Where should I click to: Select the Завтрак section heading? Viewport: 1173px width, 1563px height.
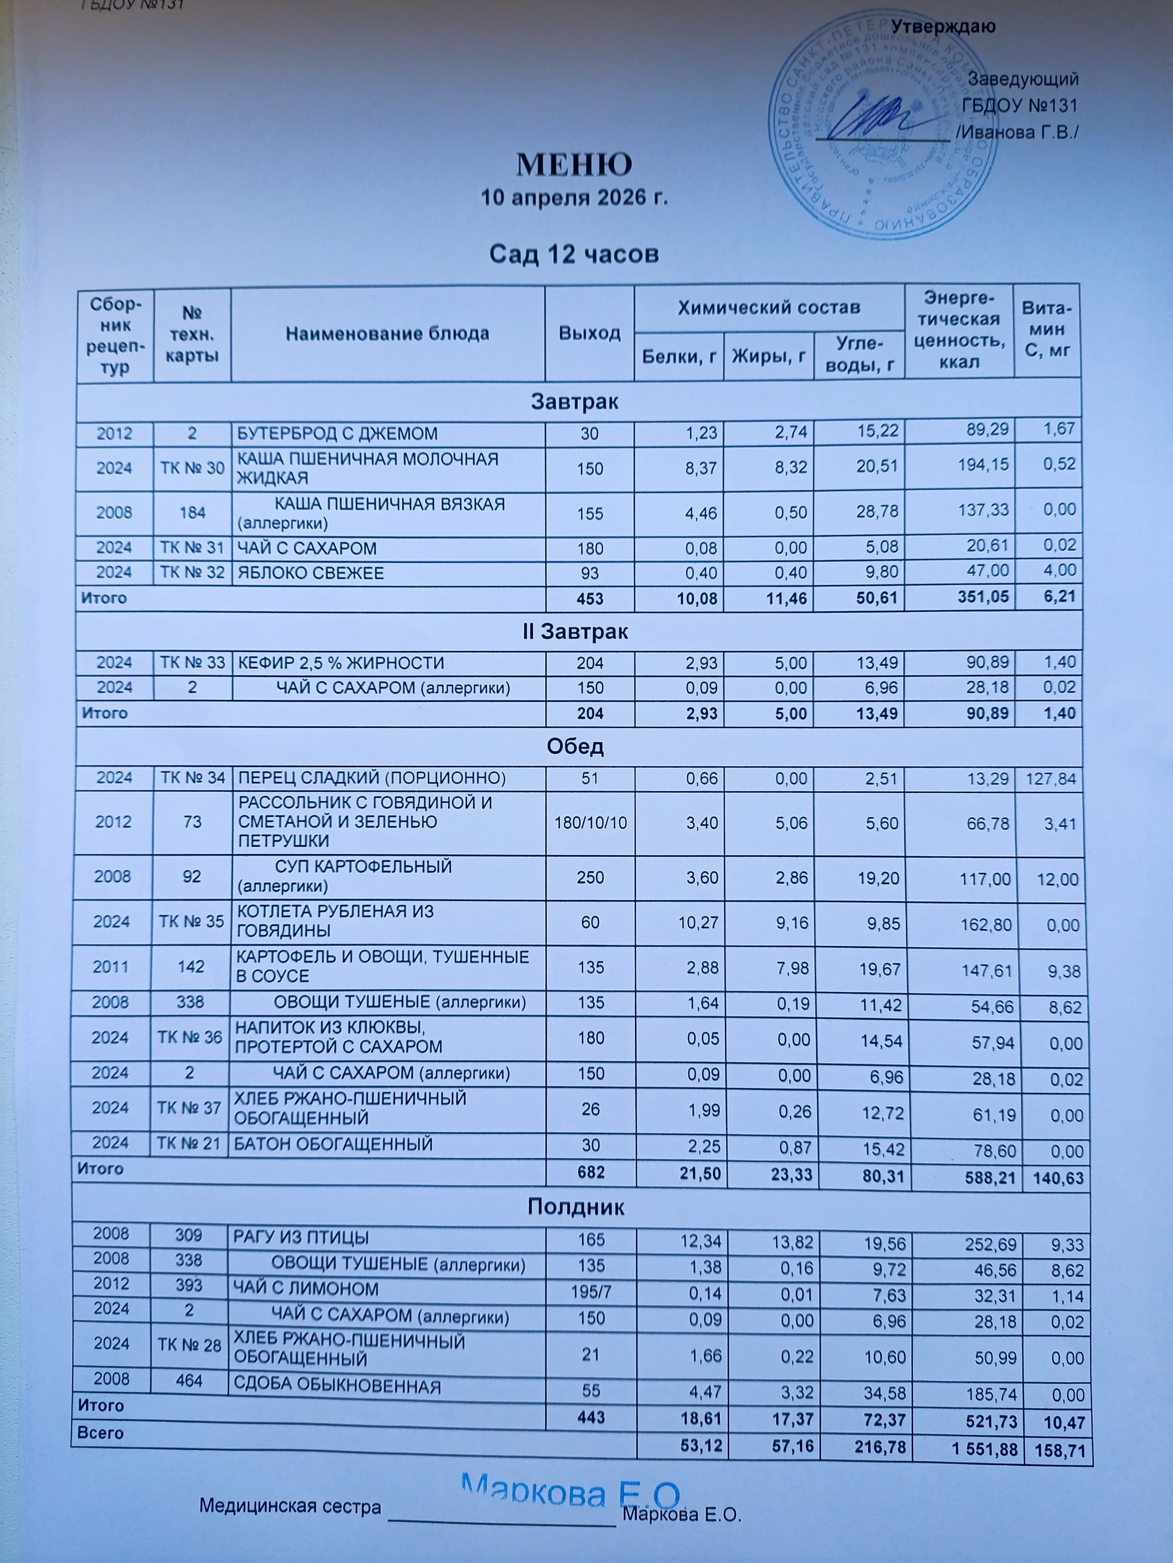click(x=574, y=402)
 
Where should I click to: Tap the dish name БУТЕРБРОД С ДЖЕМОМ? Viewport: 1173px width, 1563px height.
click(x=337, y=433)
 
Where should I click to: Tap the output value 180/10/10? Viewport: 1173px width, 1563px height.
click(x=590, y=822)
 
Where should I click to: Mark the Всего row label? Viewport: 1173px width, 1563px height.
click(x=100, y=1433)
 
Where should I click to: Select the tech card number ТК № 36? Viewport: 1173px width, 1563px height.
click(x=190, y=1037)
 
